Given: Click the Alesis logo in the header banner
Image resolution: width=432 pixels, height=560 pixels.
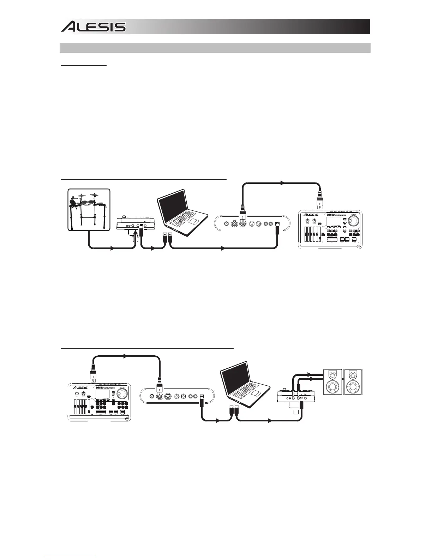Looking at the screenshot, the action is coord(93,27).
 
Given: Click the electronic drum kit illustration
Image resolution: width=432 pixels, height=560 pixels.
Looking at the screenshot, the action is coord(89,210).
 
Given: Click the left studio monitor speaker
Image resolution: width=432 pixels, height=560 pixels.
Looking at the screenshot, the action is coord(332,382).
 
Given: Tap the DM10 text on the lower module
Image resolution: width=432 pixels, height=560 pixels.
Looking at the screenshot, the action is coord(100,387).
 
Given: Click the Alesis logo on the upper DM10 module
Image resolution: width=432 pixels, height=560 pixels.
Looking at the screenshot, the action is coord(311,215).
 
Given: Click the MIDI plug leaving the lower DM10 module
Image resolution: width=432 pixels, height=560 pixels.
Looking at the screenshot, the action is coord(92,375).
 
